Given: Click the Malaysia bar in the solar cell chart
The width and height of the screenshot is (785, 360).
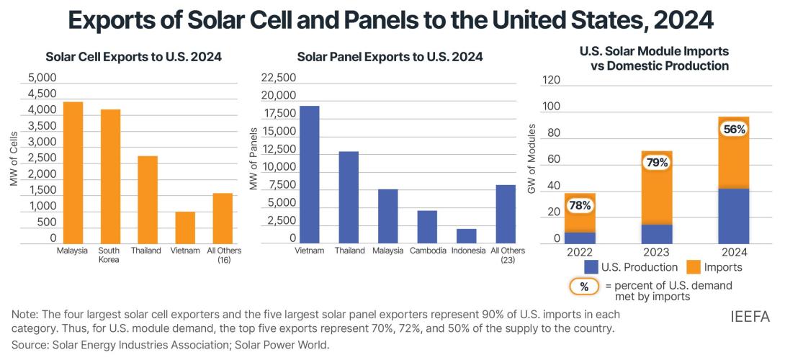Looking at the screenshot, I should click(x=73, y=173).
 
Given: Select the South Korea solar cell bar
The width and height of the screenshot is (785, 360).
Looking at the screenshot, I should click(x=109, y=176).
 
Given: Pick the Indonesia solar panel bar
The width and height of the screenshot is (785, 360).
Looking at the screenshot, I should click(x=466, y=236).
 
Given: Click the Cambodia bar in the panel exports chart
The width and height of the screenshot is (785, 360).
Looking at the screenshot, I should click(x=427, y=227).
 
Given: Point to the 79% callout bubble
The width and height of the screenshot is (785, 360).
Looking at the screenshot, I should click(x=656, y=163).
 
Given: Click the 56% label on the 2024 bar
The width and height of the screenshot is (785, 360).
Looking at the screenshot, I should click(x=734, y=129).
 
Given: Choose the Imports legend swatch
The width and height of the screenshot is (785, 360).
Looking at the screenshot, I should click(x=693, y=267).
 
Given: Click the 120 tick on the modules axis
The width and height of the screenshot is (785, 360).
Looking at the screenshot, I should click(x=550, y=80).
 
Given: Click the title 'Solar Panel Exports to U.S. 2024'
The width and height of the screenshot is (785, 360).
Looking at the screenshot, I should click(x=390, y=56).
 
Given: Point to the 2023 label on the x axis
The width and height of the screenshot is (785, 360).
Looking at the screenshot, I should click(x=656, y=253).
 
